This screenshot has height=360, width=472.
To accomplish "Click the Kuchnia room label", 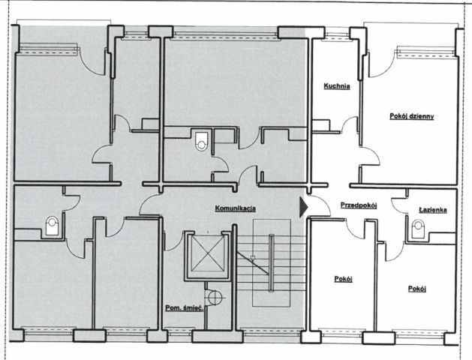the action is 336,86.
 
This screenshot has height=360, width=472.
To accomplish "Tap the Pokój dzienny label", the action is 411,116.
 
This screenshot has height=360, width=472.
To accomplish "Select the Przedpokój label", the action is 359,205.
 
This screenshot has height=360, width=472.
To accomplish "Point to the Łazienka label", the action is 433,210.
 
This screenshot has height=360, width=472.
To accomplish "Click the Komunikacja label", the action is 236,208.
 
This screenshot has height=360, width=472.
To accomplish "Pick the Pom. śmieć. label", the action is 185,308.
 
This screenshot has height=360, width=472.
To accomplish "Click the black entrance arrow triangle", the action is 303,207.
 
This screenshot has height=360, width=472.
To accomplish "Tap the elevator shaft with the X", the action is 208,253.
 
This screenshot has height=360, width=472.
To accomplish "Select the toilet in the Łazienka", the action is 417,229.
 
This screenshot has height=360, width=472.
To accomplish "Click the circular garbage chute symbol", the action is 215,297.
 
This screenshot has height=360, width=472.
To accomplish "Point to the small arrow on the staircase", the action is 253,257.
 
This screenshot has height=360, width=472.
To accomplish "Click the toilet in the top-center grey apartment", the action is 201,141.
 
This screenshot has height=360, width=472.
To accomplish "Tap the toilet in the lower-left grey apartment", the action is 52,226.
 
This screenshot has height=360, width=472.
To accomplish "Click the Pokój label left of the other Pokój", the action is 343,279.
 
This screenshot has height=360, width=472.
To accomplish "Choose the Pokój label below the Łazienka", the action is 417,289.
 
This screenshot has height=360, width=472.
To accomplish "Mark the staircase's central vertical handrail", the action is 271,262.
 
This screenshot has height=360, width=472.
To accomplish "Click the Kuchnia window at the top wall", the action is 337,34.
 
